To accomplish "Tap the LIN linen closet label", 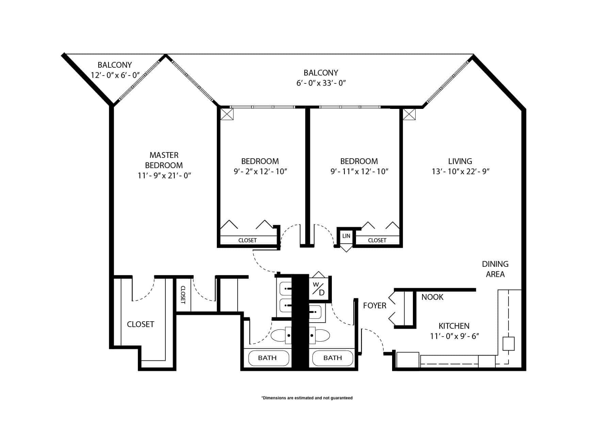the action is click(346, 236).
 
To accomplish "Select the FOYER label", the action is click(375, 306).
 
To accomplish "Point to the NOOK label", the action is click(432, 297).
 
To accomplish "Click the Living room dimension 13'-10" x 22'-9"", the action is click(461, 172).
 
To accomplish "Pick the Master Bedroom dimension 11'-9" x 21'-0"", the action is click(164, 176).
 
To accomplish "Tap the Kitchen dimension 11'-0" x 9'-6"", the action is click(454, 336).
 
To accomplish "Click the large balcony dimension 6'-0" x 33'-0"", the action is click(321, 83).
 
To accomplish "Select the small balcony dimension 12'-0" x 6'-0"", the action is click(115, 75).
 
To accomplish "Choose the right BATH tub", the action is click(333, 358).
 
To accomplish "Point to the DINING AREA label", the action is click(495, 269).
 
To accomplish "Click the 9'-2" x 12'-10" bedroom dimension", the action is click(260, 172).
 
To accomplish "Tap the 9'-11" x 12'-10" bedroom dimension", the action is click(359, 172).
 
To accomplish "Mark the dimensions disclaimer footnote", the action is click(307, 398).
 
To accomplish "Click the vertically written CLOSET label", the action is click(182, 295).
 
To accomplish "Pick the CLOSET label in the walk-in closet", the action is click(141, 324).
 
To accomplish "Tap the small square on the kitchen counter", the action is click(509, 343).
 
